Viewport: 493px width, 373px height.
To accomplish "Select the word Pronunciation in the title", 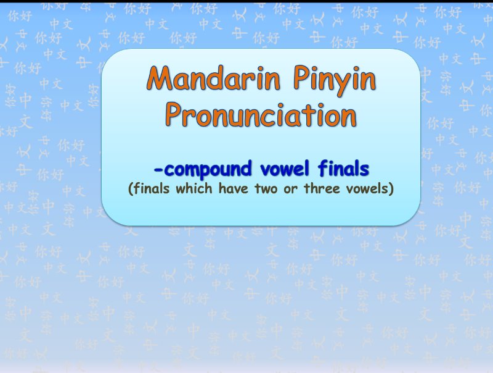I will (x=261, y=114).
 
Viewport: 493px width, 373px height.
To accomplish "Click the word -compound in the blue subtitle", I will (x=199, y=169).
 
